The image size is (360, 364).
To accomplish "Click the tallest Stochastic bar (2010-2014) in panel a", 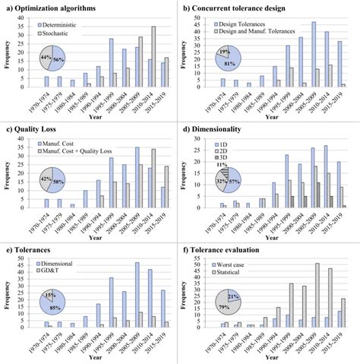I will [153, 57].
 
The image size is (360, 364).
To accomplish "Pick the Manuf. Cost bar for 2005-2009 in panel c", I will [137, 176].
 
